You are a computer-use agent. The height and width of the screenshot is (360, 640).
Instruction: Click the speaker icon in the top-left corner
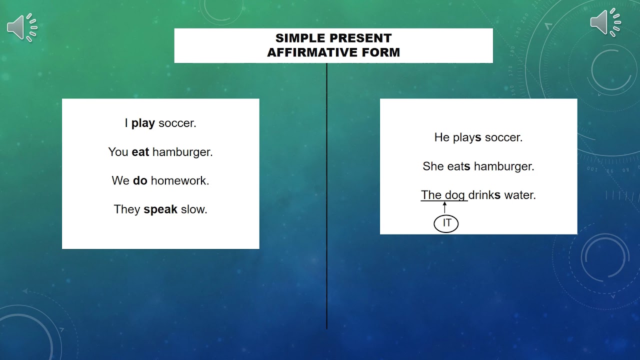pos(22,27)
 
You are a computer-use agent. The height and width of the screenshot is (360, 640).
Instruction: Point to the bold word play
pos(143,123)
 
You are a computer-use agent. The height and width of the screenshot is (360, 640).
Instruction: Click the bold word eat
pos(140,152)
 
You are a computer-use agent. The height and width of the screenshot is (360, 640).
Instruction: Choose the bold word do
pos(140,180)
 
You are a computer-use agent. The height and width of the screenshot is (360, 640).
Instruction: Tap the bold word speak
pos(160,209)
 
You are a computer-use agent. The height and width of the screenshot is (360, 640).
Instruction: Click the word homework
pos(180,180)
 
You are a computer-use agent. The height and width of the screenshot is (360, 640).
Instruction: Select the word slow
pos(194,209)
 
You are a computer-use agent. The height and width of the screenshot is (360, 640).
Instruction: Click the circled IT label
pos(446,223)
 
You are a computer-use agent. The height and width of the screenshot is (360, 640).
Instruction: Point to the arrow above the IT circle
pos(444,207)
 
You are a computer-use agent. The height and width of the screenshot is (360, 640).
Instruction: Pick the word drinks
pos(484,195)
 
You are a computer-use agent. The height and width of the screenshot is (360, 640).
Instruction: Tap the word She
pos(433,166)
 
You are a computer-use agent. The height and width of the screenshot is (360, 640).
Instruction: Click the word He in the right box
pos(442,137)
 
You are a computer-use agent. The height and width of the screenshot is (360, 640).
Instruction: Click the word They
pos(127,209)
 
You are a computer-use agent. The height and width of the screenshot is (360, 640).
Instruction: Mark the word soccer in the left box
pos(177,123)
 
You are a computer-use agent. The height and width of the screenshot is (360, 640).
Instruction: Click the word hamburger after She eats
pos(504,166)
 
